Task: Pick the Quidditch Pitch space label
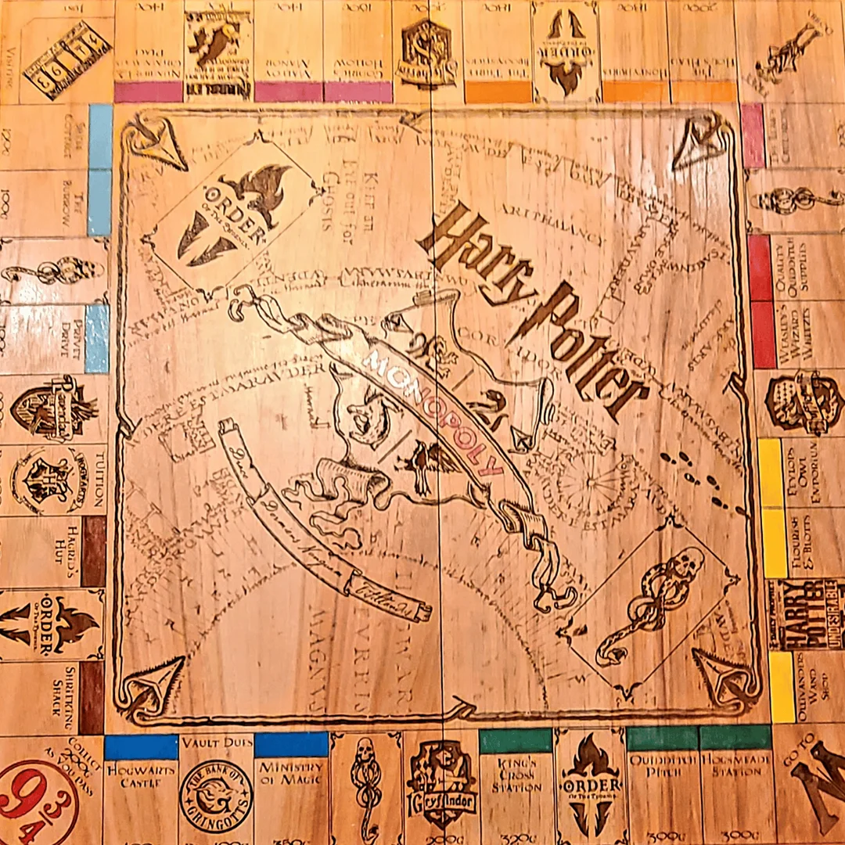click(x=661, y=770)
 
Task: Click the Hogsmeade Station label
click(x=735, y=770)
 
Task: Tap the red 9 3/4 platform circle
click(x=35, y=802)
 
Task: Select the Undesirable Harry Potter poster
click(x=806, y=615)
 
